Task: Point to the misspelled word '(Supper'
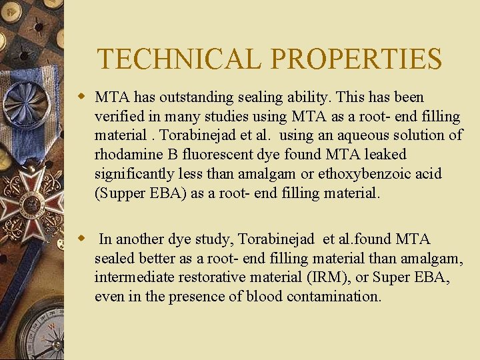(x=120, y=193)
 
